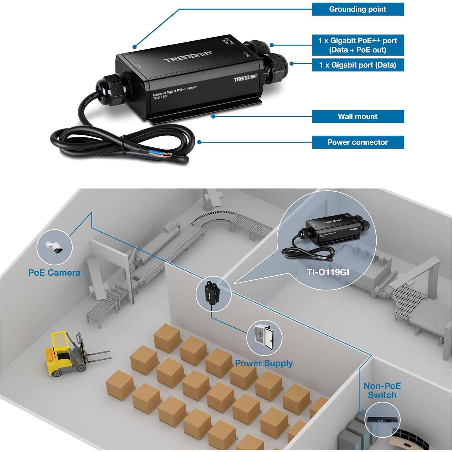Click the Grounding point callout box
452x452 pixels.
click(x=358, y=9)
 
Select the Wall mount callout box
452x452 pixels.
click(x=358, y=116)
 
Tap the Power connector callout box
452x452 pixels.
click(x=358, y=142)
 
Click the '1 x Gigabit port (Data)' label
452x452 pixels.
click(x=358, y=65)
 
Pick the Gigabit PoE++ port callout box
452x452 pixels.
click(x=358, y=45)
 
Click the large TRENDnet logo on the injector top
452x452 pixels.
click(x=188, y=56)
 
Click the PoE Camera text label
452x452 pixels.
click(x=54, y=273)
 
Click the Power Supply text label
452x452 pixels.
click(x=264, y=363)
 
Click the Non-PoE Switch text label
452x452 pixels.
click(x=382, y=390)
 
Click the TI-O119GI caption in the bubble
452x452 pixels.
click(x=328, y=272)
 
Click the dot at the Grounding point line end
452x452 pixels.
click(x=134, y=47)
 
